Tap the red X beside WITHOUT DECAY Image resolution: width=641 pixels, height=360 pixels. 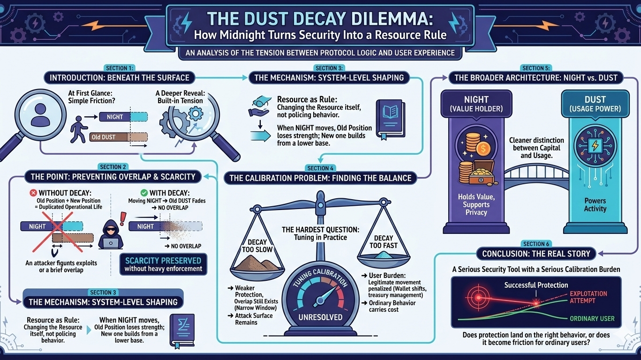33,193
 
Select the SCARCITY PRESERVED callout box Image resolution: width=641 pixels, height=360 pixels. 163,264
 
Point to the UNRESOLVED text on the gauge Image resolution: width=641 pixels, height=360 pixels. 321,317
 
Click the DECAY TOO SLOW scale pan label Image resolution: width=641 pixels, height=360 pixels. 256,245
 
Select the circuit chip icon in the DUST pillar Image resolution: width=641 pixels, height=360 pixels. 595,146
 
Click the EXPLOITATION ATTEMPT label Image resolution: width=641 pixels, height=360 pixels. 588,297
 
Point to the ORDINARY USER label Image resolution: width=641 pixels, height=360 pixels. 592,319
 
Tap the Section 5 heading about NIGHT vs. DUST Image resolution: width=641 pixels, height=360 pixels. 536,77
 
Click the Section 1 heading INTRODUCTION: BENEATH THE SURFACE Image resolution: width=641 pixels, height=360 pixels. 119,77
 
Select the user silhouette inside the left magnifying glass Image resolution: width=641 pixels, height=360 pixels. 40,116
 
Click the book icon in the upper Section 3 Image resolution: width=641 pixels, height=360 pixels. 390,119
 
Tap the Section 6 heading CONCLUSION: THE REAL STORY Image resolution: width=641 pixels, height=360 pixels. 536,254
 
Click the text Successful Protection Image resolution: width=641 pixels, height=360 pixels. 536,285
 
